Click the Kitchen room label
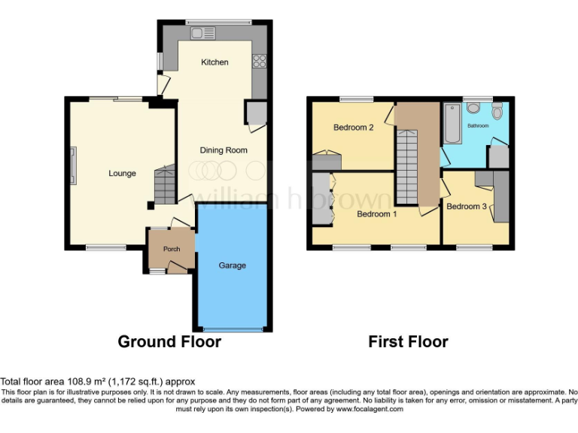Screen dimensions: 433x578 pos(214,62)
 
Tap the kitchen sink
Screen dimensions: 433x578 pos(202,33)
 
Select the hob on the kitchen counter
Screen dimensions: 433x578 pos(260,62)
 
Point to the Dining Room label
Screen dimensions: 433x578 pos(224,150)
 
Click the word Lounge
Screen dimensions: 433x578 pos(122,174)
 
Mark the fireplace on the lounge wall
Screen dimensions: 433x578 pos(73,166)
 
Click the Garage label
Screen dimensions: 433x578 pos(232,265)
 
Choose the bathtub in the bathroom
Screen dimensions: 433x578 pos(452,123)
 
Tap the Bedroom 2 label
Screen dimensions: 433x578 pos(354,128)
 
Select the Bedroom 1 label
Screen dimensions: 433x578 pos(377,213)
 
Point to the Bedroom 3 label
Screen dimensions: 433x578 pos(466,206)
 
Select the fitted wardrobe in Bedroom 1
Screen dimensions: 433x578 pos(322,198)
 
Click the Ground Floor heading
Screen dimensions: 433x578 pos(169,342)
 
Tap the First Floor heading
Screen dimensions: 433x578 pos(408,342)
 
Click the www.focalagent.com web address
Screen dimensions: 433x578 pos(370,410)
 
